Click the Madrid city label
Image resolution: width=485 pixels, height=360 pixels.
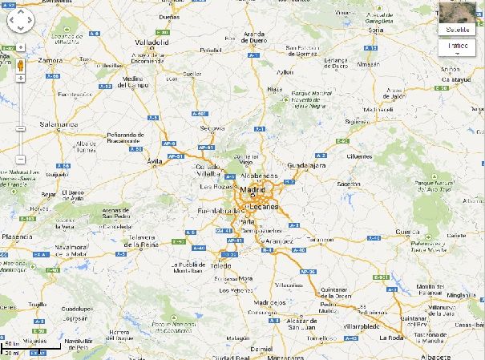tap(252, 190)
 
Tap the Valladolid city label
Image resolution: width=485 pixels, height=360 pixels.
tap(152, 41)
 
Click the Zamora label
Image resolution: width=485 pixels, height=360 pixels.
tap(51, 60)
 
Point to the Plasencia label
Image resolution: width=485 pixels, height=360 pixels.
tap(18, 237)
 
